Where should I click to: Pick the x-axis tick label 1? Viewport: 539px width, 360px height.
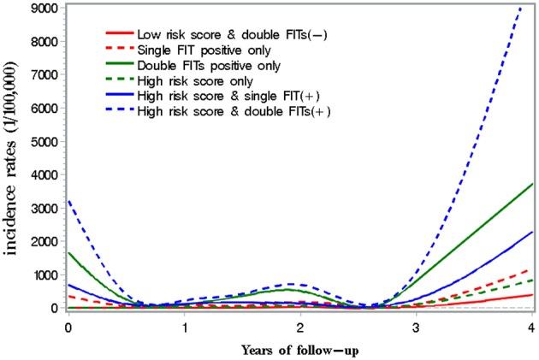click(184, 327)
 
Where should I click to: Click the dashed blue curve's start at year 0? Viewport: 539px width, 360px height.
click(68, 201)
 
